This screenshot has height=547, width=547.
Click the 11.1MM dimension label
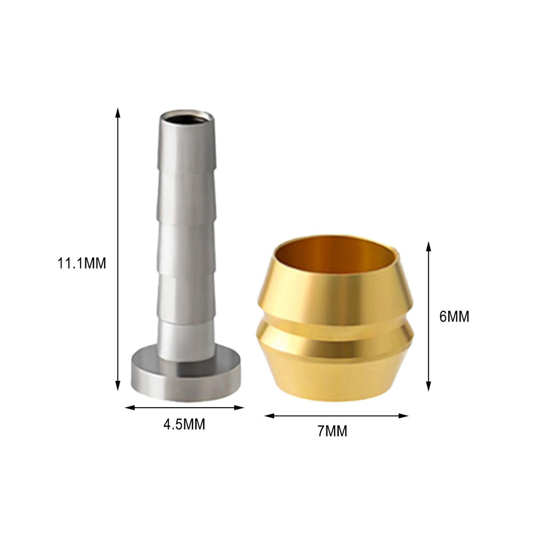point(82,263)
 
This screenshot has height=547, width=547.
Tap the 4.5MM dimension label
point(184,425)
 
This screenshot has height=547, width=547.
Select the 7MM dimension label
point(332,431)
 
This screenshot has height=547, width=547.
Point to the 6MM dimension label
point(454,316)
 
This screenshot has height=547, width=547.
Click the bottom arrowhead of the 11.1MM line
point(118,386)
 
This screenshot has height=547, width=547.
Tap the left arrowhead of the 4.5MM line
point(130,408)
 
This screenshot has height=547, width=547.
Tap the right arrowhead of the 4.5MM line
point(239,408)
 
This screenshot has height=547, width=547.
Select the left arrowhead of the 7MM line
point(270,416)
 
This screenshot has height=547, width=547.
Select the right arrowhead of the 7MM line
point(403,416)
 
